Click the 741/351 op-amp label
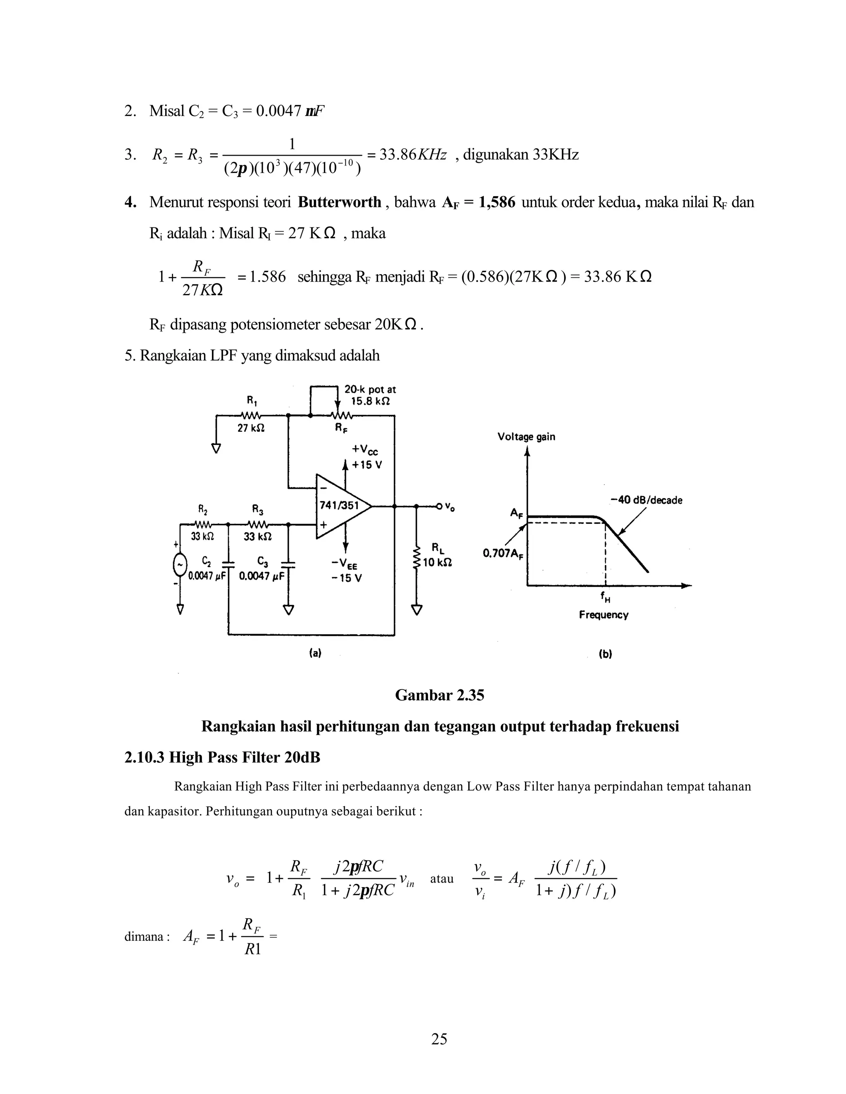pos(339,505)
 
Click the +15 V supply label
pos(367,465)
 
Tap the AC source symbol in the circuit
pos(180,565)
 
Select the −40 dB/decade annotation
pos(646,500)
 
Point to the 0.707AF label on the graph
pos(503,554)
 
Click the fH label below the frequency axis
pos(606,597)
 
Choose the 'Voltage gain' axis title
pos(526,437)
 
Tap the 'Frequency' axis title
pos(604,615)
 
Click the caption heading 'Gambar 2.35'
pos(440,695)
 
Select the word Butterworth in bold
pos(339,202)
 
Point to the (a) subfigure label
pos(315,653)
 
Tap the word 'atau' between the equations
pos(442,879)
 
